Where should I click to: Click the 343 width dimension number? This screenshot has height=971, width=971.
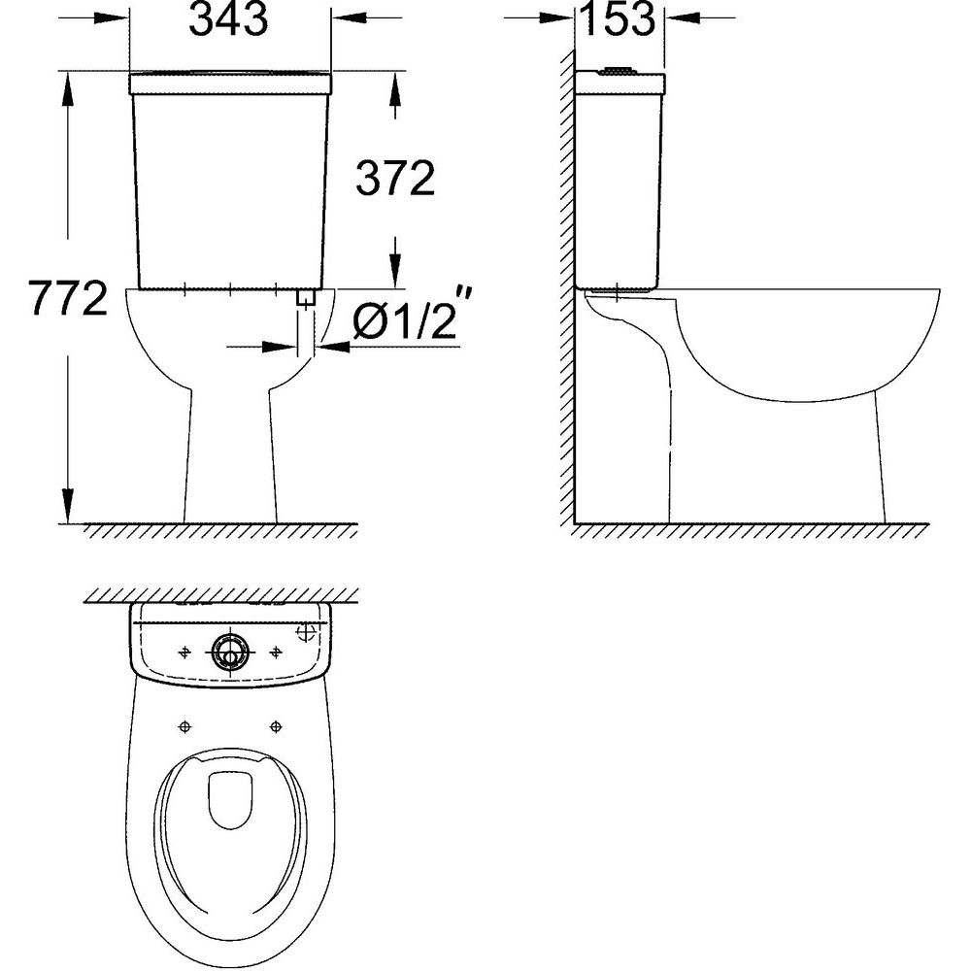(x=228, y=19)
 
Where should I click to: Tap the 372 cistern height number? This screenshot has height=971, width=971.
(x=396, y=179)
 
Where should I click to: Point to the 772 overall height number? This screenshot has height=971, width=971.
(x=69, y=298)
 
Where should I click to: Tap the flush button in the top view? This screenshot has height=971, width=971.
(x=230, y=653)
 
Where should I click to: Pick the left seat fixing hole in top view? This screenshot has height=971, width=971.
(x=184, y=725)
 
